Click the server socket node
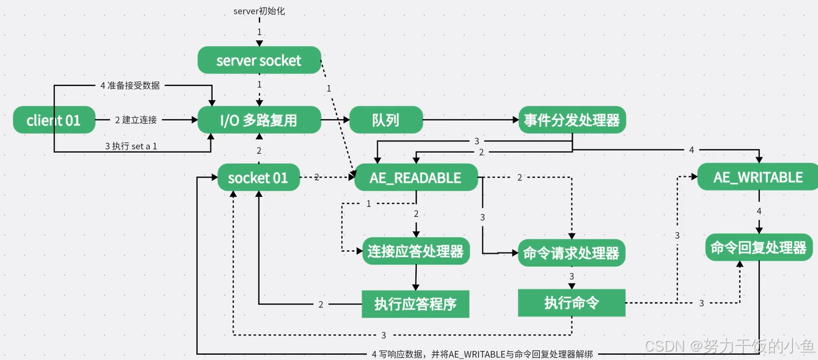(259, 60)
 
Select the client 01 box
(54, 120)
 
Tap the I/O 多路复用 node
(259, 120)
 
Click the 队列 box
(386, 120)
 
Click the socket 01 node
(258, 177)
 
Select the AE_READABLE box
(415, 177)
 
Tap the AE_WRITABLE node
(758, 177)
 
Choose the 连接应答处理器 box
(415, 251)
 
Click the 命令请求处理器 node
(571, 253)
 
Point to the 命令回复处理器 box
(758, 247)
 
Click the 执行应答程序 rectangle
(415, 304)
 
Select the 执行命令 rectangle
(571, 303)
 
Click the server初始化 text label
(259, 11)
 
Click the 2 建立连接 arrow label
(136, 120)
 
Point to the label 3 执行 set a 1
(131, 146)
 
